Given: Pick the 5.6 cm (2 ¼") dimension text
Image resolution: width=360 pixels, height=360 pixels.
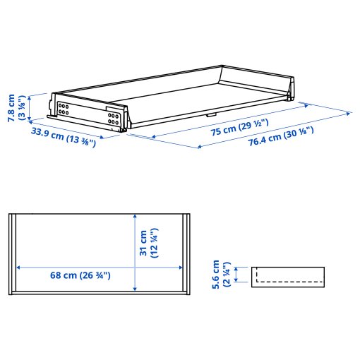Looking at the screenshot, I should (x=222, y=274).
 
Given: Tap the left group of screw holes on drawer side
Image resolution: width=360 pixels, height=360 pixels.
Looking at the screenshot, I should (x=64, y=109).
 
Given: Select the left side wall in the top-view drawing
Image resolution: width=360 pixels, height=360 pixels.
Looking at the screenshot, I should (x=14, y=252).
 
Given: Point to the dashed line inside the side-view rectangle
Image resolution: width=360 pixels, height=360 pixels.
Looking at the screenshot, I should (x=289, y=280).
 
